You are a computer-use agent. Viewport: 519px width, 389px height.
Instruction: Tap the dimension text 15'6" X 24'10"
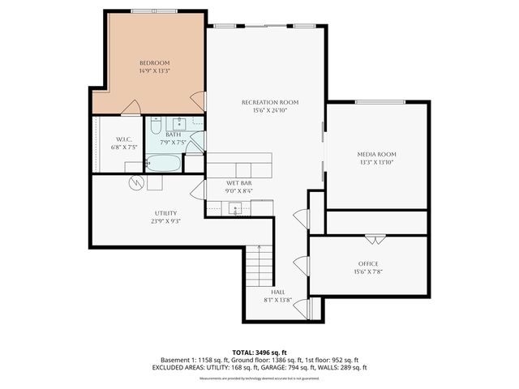270,110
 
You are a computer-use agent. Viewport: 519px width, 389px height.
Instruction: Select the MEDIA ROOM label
377,154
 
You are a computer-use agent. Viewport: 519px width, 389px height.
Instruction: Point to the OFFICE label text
368,264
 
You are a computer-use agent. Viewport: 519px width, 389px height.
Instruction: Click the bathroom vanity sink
179,124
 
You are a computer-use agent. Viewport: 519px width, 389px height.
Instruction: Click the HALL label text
277,291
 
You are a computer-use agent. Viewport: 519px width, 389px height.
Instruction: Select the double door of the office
375,238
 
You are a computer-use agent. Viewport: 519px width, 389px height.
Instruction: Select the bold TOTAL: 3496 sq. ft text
259,353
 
